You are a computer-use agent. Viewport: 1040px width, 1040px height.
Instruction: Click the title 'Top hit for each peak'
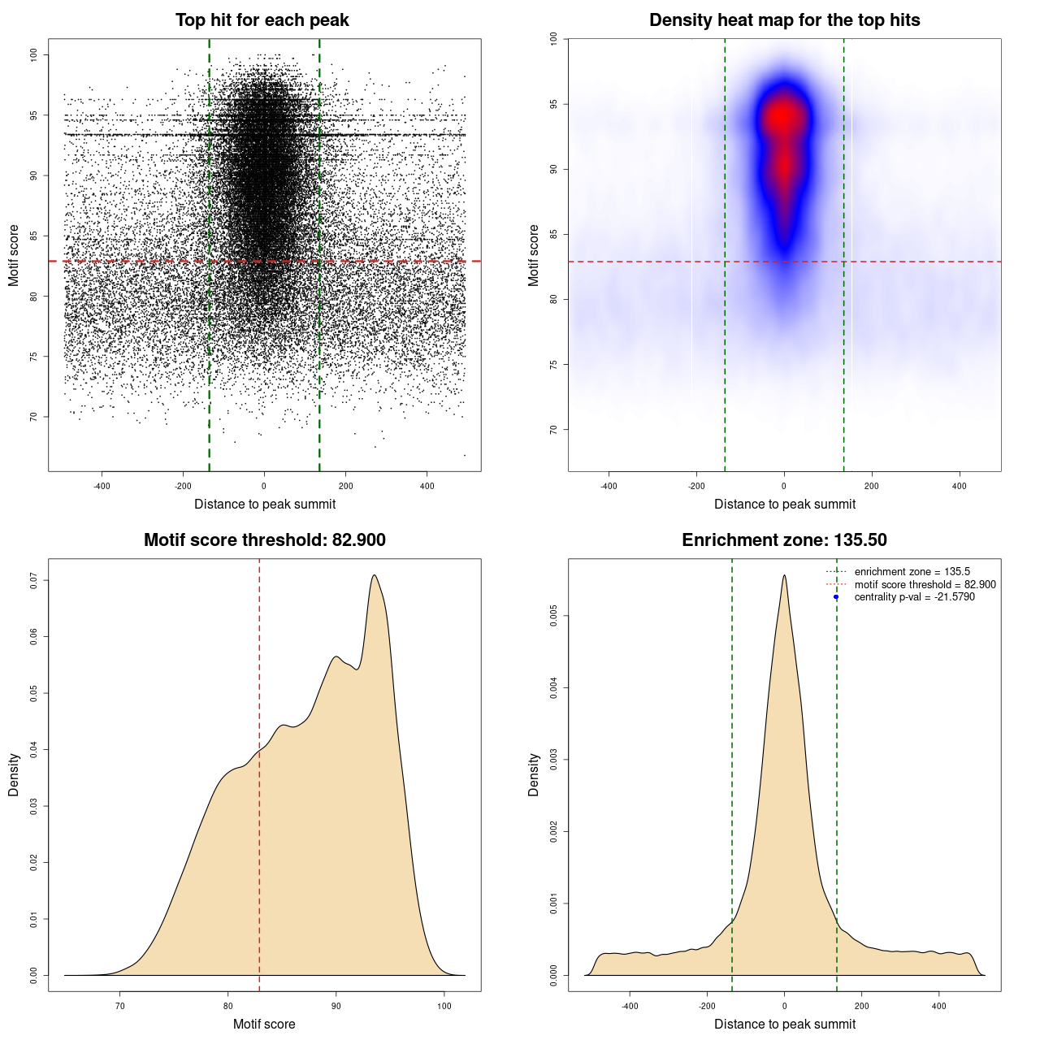click(x=262, y=20)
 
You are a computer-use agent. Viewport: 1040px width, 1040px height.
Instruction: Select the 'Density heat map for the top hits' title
click(x=784, y=20)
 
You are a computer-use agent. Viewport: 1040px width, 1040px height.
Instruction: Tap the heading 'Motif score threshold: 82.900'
click(x=264, y=540)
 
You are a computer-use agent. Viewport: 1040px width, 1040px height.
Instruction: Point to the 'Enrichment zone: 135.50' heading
click(x=784, y=540)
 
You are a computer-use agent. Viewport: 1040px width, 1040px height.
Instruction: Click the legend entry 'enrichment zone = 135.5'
click(x=912, y=572)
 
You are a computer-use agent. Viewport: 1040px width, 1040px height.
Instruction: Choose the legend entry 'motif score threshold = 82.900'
click(x=925, y=584)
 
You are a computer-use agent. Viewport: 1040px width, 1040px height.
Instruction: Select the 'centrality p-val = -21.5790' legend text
click(x=914, y=597)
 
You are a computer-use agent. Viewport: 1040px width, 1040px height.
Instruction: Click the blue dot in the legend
click(x=836, y=597)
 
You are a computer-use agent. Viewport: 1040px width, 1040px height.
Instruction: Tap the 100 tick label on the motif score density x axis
click(x=444, y=1006)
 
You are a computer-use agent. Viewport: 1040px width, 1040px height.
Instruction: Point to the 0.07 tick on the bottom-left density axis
click(x=34, y=581)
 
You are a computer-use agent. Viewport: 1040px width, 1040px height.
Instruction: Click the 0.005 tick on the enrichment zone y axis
click(x=554, y=617)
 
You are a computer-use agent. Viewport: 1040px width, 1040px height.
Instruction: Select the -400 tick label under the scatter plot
click(x=102, y=486)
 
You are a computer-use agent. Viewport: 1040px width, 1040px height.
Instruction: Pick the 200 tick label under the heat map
click(x=872, y=486)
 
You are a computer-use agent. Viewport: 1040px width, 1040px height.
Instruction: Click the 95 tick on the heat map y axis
click(x=554, y=105)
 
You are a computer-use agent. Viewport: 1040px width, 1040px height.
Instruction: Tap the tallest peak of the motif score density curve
click(x=375, y=575)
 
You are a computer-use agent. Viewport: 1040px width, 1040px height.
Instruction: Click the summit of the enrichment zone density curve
click(x=784, y=575)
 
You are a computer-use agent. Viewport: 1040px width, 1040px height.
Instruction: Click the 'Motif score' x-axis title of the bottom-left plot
click(x=264, y=1024)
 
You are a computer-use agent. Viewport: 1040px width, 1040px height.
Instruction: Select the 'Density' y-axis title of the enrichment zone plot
click(x=534, y=774)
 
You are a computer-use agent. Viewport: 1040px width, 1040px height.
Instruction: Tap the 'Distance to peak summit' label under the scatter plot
click(x=265, y=504)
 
